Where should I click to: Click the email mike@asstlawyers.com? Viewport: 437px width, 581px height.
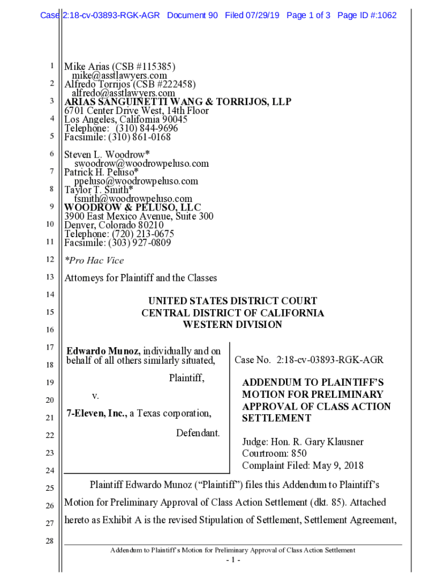pos(119,75)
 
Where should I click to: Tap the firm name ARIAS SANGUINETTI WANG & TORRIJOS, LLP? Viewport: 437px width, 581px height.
pos(178,102)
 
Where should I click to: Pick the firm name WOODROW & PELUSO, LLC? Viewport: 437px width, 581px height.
pos(132,208)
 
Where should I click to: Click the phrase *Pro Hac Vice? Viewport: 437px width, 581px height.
pos(94,260)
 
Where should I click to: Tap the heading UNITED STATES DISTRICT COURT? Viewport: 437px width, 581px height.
pos(233,301)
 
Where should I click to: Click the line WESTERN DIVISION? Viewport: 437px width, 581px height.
pos(232,325)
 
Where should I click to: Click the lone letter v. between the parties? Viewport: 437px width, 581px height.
pos(95,395)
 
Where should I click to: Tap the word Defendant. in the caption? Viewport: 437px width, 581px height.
pos(198,433)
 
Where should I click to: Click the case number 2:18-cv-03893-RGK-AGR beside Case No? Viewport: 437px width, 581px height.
pos(330,360)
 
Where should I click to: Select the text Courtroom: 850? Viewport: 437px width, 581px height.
pos(274,454)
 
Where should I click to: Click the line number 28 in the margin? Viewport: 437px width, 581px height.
pos(49,541)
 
